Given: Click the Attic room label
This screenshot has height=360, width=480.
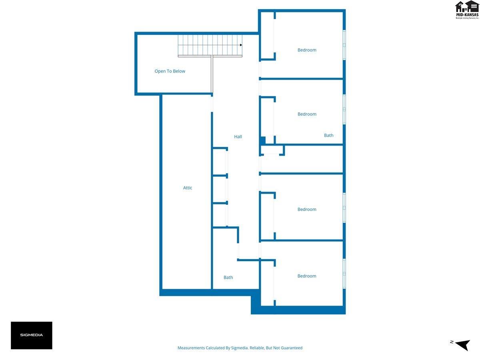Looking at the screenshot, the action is (188, 188).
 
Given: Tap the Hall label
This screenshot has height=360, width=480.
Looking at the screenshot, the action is (238, 137).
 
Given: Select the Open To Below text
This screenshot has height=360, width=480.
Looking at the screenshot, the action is (170, 71).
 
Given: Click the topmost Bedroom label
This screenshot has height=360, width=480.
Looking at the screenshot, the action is (307, 50).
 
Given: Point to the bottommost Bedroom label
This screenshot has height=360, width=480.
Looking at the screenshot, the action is (307, 276).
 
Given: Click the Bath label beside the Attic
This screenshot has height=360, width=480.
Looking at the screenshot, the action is (228, 277).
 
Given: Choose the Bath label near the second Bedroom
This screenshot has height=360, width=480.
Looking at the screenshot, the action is (329, 135).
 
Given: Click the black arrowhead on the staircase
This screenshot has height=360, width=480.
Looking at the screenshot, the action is (241, 45).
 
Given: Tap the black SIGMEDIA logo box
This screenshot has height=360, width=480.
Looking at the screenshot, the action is (32, 335).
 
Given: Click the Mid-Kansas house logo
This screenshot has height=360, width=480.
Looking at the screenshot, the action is (467, 10).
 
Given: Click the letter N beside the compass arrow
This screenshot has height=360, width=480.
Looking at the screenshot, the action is (452, 342).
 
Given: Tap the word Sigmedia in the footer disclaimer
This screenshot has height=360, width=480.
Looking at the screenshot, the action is (240, 348).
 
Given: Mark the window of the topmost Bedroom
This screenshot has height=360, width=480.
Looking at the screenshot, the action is (344, 45).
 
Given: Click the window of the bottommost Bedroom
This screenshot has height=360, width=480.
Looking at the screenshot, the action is (344, 274).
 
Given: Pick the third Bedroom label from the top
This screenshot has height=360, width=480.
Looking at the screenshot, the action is (307, 209).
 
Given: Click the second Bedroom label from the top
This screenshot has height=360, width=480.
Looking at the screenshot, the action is (307, 114).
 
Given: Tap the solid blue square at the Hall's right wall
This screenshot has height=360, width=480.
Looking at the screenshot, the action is (263, 140).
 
